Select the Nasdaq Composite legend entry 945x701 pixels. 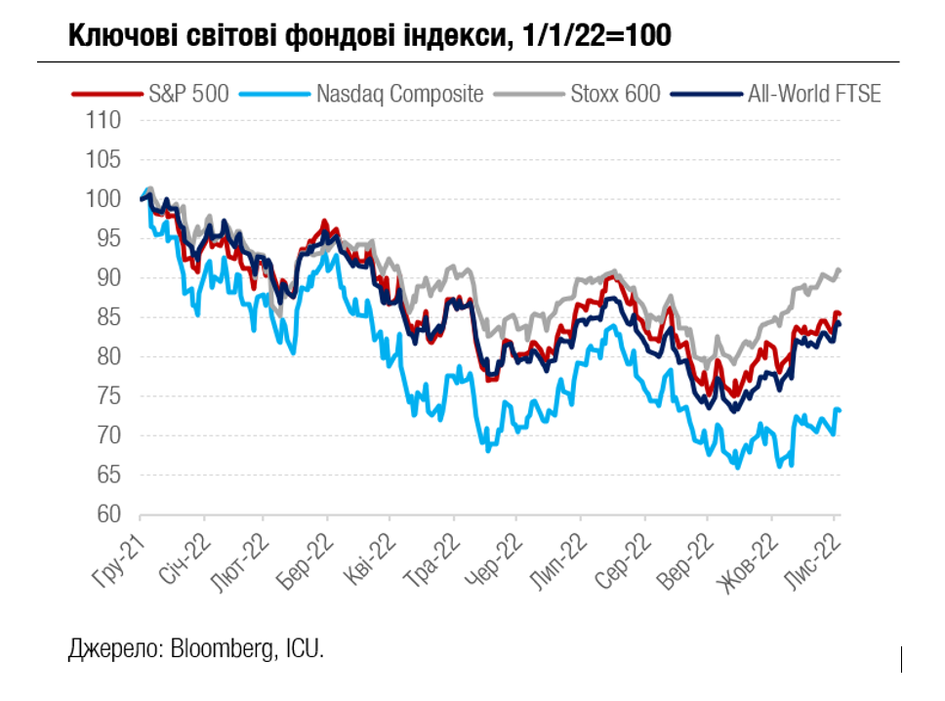399,94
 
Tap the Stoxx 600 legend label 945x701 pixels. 615,94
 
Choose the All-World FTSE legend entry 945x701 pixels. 814,94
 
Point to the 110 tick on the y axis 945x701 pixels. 103,121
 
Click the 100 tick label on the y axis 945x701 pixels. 103,199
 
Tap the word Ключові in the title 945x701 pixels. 126,35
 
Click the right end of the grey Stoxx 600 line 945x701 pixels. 840,269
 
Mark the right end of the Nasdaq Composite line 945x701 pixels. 840,410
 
